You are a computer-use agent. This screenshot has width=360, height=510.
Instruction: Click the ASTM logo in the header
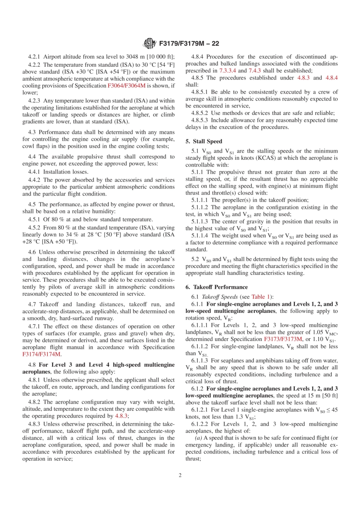[x=150, y=44]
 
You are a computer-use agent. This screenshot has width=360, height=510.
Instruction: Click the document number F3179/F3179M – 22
[x=189, y=44]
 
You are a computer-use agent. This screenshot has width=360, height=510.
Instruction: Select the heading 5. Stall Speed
[x=203, y=141]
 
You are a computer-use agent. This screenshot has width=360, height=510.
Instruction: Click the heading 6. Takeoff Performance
[x=216, y=287]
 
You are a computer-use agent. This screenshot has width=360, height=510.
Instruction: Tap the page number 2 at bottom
[x=180, y=475]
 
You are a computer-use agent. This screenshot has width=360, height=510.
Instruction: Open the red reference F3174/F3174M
[x=41, y=354]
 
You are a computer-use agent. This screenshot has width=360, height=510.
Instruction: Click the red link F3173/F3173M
[x=283, y=339]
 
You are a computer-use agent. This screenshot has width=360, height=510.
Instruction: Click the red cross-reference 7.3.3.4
[x=227, y=71]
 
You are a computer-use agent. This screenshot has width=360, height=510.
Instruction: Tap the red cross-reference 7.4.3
[x=255, y=71]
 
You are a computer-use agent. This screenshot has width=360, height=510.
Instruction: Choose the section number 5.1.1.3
[x=200, y=221]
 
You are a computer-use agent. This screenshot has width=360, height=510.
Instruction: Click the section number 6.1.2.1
[x=200, y=410]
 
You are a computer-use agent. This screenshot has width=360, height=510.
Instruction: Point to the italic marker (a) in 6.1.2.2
[x=198, y=438]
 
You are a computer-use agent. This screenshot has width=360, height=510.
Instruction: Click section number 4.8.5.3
[x=200, y=120]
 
